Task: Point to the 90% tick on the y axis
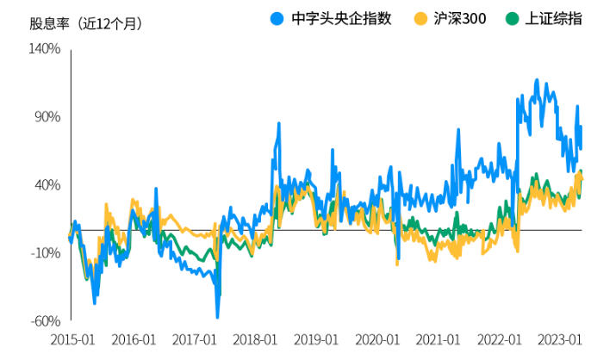click(x=47, y=117)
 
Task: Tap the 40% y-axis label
click(x=47, y=185)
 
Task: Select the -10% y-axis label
click(x=45, y=253)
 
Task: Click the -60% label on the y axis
click(x=45, y=321)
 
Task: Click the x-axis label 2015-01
click(x=72, y=340)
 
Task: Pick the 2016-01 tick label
click(x=134, y=340)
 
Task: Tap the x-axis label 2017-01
click(x=195, y=340)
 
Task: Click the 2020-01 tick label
click(x=378, y=340)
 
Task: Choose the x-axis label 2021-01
click(x=439, y=340)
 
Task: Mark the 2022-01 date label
click(x=501, y=340)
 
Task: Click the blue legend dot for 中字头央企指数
click(x=277, y=18)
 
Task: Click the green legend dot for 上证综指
click(x=512, y=18)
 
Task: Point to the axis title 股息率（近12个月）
click(x=86, y=23)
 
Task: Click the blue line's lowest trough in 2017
click(x=218, y=316)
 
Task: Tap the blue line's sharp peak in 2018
click(x=279, y=124)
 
